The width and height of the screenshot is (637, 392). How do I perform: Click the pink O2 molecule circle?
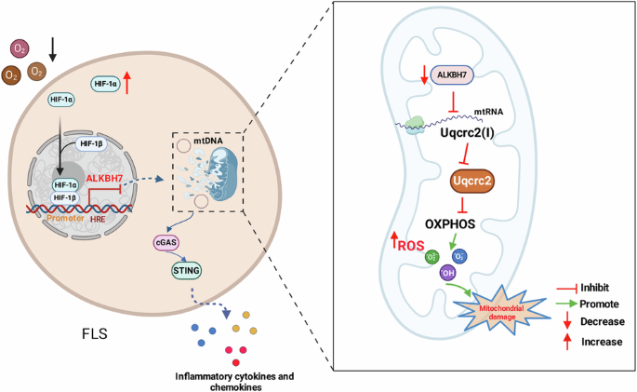18,47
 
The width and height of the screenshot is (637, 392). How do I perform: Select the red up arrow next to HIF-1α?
127,84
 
